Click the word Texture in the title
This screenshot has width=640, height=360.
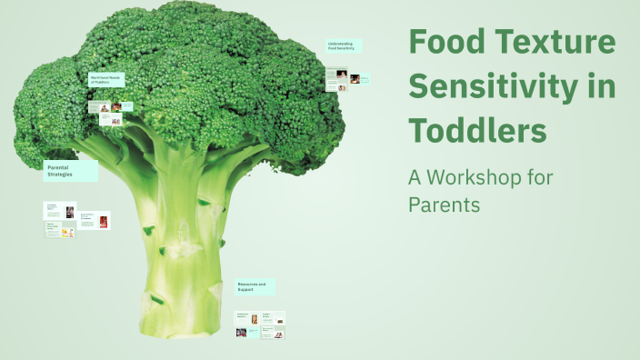(x=551, y=43)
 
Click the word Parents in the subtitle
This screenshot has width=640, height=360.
(x=444, y=205)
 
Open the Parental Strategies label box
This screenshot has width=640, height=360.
(x=70, y=170)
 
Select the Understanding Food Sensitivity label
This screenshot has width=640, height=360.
(x=344, y=45)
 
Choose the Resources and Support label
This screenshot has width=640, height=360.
(x=255, y=286)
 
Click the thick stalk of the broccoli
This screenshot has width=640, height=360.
(x=182, y=227)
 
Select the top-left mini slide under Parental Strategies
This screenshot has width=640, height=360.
(x=60, y=210)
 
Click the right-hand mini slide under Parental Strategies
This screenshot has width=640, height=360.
(x=95, y=220)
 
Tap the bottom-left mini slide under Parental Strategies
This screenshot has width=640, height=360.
(x=60, y=231)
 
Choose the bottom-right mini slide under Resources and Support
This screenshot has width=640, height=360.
(x=274, y=333)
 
